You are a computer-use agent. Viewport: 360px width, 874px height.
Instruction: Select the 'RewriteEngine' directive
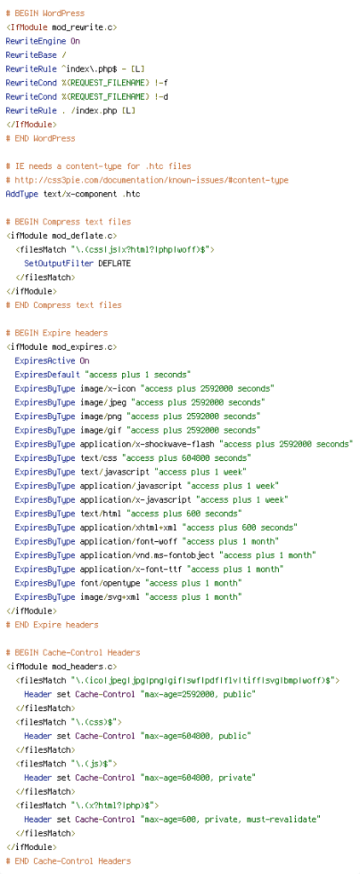pos(36,41)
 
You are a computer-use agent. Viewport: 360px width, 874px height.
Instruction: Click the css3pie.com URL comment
pos(147,180)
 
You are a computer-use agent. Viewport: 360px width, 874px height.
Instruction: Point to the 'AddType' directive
pos(21,194)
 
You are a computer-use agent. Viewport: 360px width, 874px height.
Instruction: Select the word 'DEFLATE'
pos(114,263)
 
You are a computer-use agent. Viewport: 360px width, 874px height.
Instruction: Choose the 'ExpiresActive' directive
pos(44,361)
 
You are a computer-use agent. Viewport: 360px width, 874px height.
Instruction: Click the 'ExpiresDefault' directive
pos(47,375)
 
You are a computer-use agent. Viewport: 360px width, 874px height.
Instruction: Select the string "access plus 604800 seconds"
pos(187,458)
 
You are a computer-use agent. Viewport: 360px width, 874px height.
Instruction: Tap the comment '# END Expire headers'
pos(52,625)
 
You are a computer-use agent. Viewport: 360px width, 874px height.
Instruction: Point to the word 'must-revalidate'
pos(284,819)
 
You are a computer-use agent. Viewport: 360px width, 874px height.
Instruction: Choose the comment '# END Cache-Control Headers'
pos(68,861)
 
